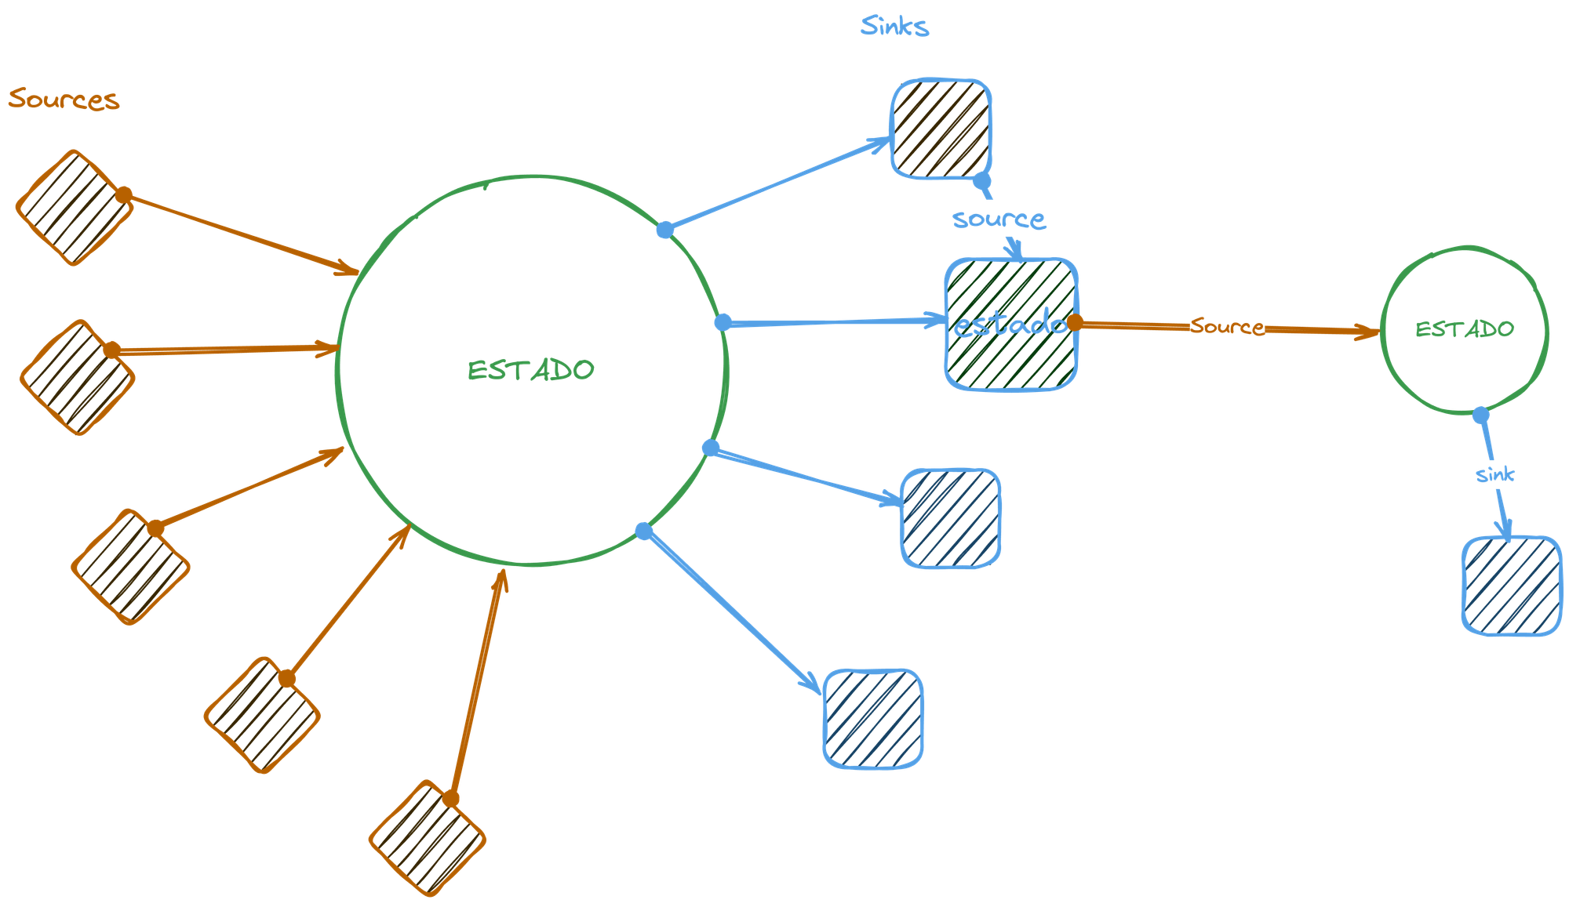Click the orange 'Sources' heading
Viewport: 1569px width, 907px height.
(64, 100)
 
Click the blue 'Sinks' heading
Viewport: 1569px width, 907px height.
(894, 27)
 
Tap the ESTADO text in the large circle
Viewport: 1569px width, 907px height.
(531, 370)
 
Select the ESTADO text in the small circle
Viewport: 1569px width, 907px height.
(1464, 328)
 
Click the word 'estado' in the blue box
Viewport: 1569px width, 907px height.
(1010, 324)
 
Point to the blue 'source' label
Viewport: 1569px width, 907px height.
(999, 219)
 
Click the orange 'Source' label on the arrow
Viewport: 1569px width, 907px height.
(1226, 326)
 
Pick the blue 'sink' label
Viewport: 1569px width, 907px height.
(1494, 475)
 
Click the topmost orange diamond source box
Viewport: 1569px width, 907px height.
(74, 208)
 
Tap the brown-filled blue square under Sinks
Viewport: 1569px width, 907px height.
(941, 129)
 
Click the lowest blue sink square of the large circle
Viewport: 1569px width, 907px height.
(873, 718)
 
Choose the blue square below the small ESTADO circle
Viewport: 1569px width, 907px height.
(1511, 586)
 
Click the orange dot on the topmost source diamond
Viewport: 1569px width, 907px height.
(124, 194)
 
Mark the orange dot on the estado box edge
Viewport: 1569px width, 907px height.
(1075, 322)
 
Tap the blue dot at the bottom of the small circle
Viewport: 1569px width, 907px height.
(1480, 415)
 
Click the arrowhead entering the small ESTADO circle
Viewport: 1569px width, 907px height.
(1369, 333)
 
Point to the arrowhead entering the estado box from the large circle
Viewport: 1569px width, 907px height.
(935, 319)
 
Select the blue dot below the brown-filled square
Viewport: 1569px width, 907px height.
(982, 182)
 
